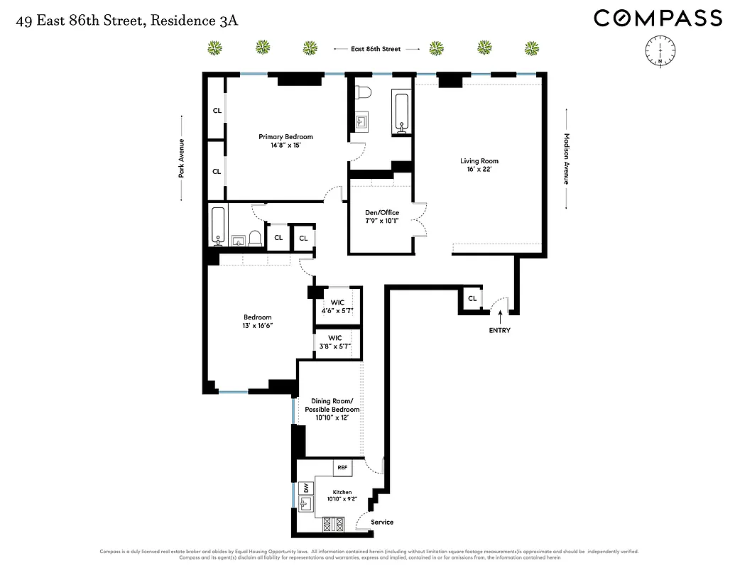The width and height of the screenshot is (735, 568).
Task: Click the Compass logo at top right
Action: [658, 18]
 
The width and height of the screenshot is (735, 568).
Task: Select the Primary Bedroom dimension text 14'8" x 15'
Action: [285, 146]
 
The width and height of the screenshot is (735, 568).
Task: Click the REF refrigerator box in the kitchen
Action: [342, 467]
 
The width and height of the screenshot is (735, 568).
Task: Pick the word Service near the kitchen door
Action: [382, 523]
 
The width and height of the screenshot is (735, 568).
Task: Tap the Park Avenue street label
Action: [182, 158]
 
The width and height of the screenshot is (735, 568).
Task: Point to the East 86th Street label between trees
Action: [376, 49]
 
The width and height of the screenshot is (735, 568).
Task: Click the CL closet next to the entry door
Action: [472, 299]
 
